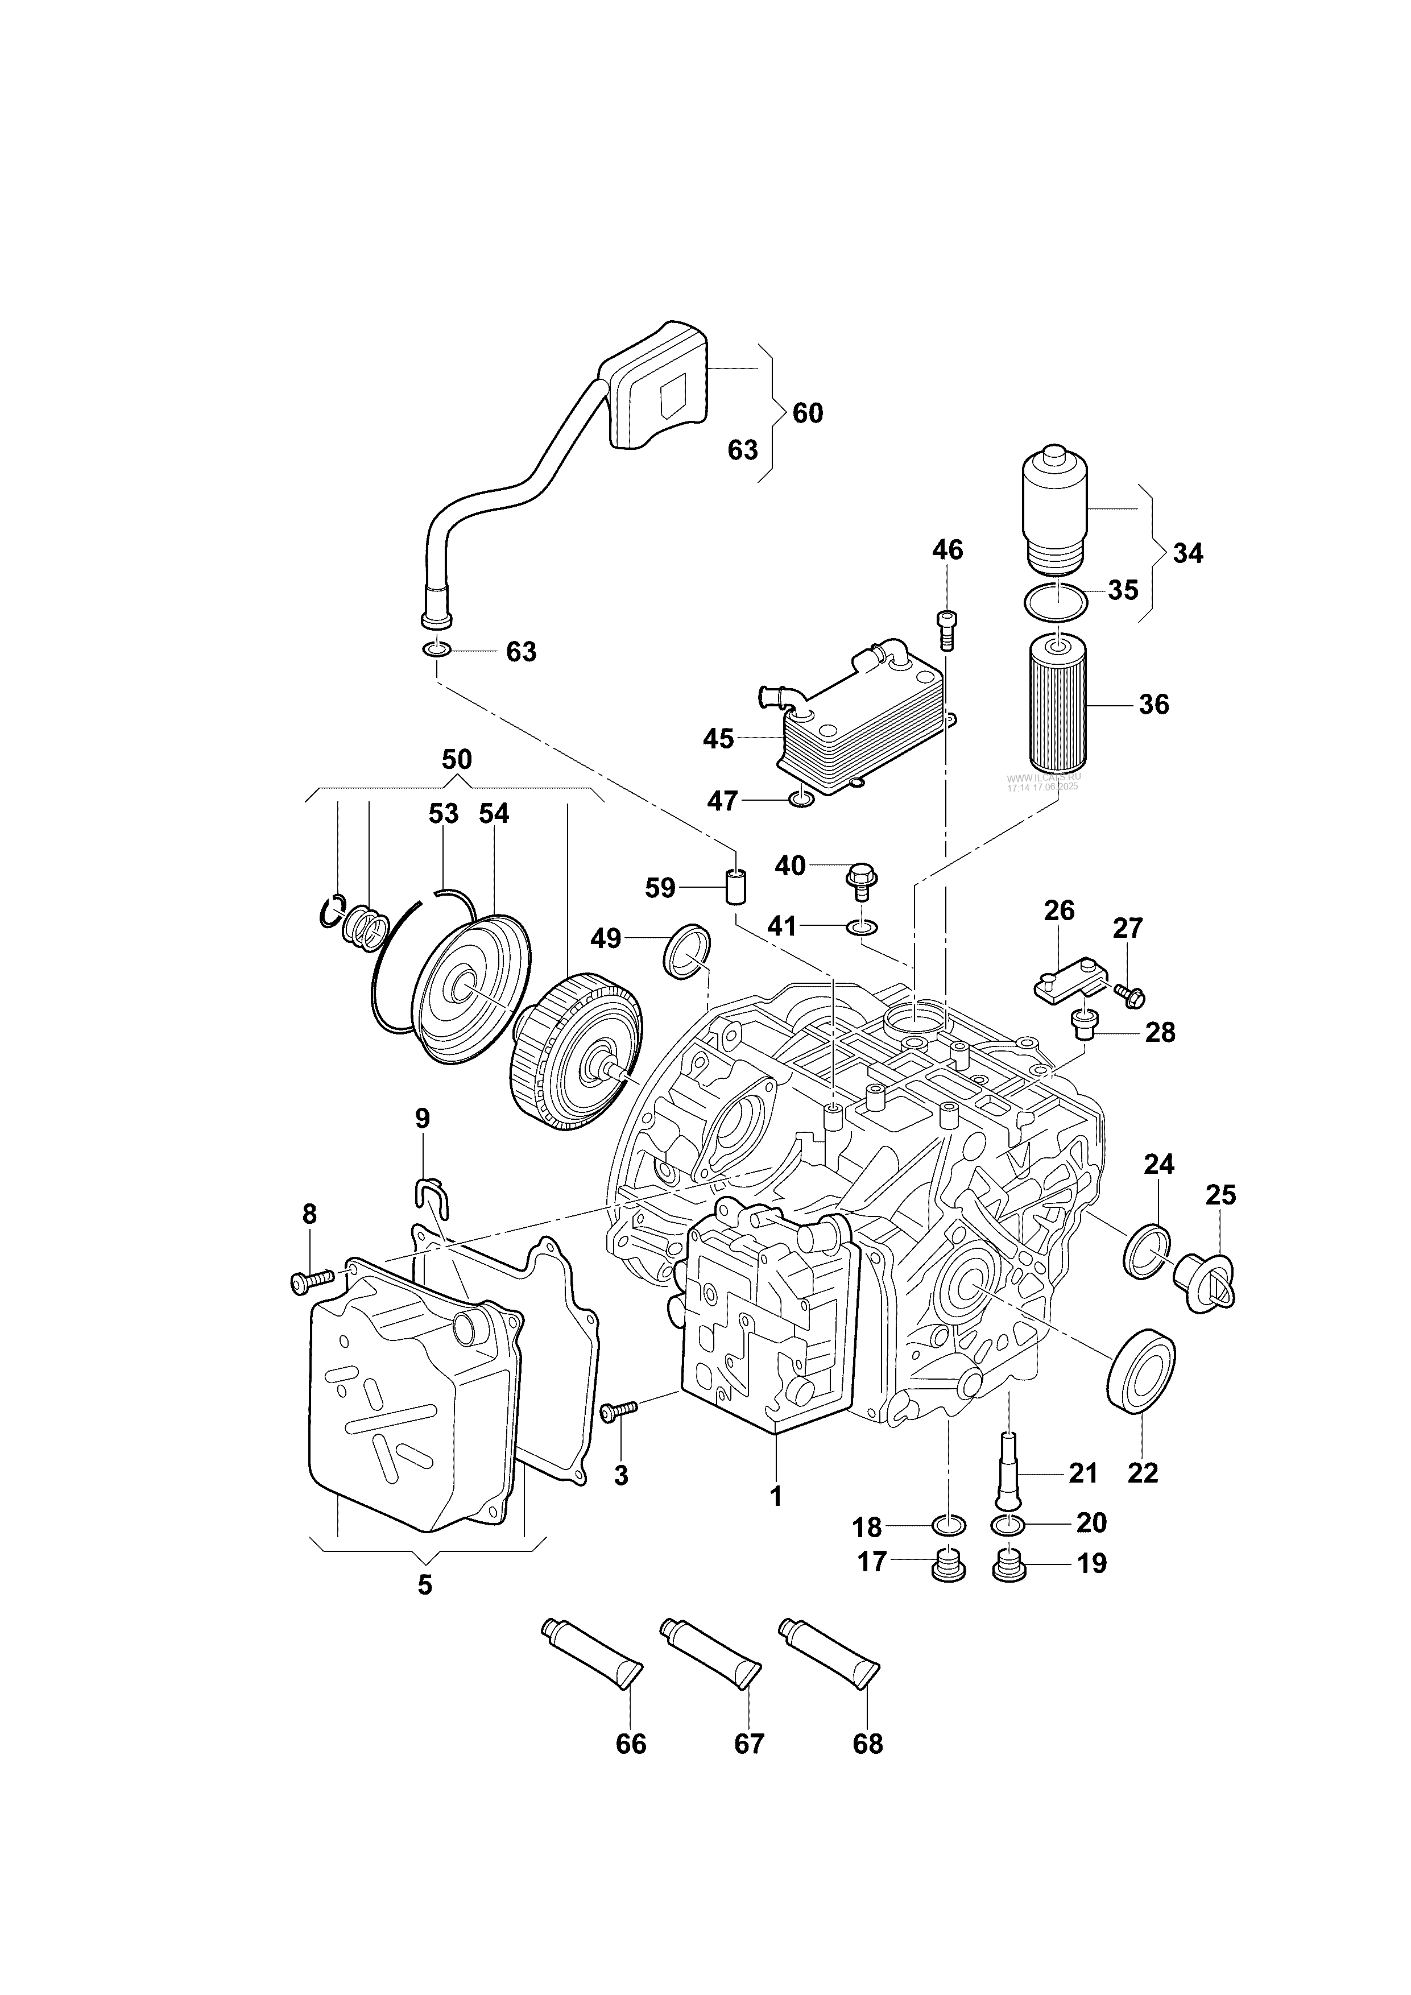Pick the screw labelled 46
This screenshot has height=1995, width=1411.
click(x=947, y=627)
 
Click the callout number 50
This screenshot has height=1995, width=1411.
click(x=457, y=759)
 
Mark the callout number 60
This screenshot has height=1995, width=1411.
click(x=807, y=413)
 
